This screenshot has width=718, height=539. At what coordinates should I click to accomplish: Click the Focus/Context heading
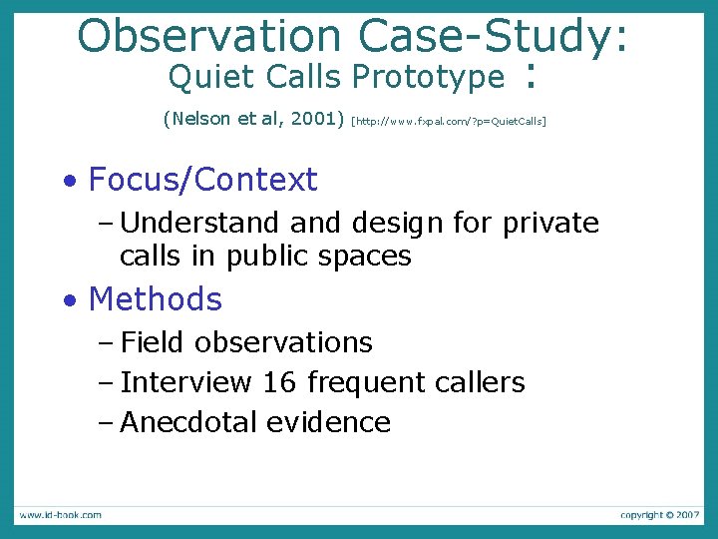[x=202, y=180]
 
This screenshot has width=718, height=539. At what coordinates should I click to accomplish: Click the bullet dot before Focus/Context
[x=69, y=182]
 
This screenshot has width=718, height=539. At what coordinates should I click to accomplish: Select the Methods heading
[x=155, y=298]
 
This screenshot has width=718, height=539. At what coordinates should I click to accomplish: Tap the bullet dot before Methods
[x=69, y=300]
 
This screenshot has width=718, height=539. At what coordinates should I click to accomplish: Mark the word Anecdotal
[x=188, y=422]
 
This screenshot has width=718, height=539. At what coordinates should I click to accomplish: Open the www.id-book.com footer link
[x=59, y=515]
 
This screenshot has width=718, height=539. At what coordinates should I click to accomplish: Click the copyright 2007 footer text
[x=659, y=515]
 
